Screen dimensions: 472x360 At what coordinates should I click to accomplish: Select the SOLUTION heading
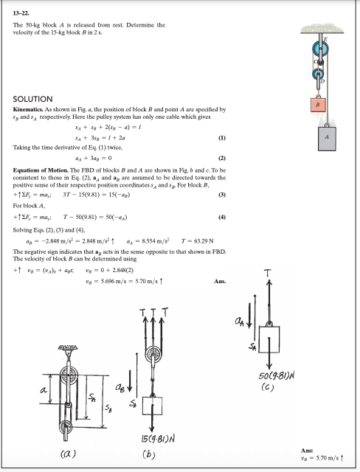pyautogui.click(x=33, y=98)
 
